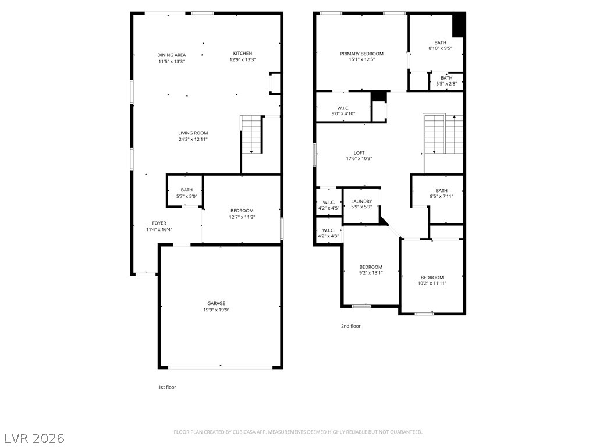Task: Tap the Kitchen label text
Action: pyautogui.click(x=243, y=53)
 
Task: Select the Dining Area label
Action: pyautogui.click(x=172, y=55)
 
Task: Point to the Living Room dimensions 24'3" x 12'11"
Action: pyautogui.click(x=193, y=140)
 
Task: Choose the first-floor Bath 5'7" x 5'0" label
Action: pyautogui.click(x=187, y=193)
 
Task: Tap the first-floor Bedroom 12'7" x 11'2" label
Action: pyautogui.click(x=242, y=214)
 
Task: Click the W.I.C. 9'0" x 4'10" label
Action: pyautogui.click(x=343, y=111)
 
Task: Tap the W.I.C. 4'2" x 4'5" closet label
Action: pyautogui.click(x=328, y=205)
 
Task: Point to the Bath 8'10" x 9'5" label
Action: pyautogui.click(x=440, y=45)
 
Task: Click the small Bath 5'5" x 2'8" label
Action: pyautogui.click(x=446, y=81)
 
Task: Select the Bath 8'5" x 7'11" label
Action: pyautogui.click(x=441, y=193)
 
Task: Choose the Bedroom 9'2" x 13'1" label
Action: pyautogui.click(x=371, y=270)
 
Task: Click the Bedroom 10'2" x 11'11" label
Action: pyautogui.click(x=432, y=280)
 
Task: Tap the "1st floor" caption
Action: pyautogui.click(x=167, y=387)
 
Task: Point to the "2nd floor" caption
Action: pyautogui.click(x=350, y=326)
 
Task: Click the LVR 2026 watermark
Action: pyautogui.click(x=33, y=438)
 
